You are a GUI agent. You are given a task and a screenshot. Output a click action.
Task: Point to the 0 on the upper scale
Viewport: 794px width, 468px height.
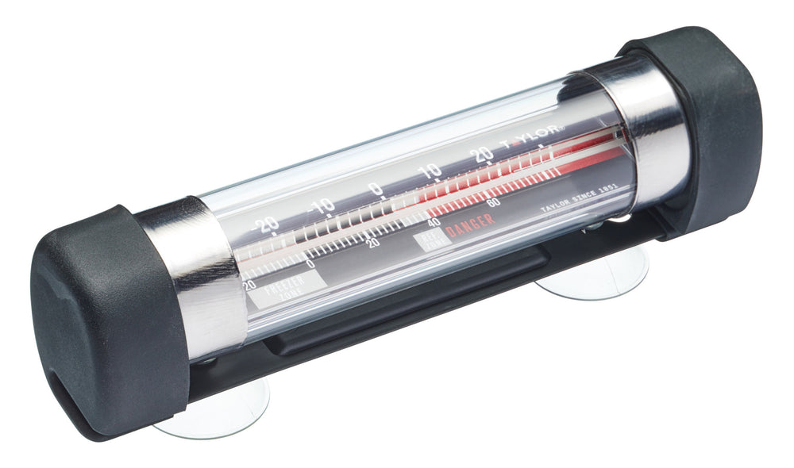click(x=376, y=189)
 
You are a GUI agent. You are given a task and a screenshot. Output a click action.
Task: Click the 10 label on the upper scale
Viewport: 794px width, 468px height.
click(x=430, y=171)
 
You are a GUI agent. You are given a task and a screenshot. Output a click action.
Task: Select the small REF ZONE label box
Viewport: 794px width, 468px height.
click(x=430, y=241)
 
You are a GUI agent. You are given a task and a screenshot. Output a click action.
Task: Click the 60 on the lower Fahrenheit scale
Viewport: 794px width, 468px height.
click(x=493, y=202)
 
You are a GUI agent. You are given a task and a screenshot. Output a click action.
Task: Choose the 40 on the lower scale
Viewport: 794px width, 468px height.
click(x=434, y=223)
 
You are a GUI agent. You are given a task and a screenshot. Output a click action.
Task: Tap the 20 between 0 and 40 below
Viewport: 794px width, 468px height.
click(x=372, y=244)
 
